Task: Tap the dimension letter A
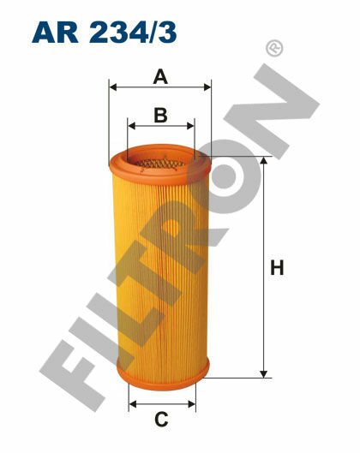pos(159,77)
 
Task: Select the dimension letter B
pos(159,113)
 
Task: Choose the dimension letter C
pos(160,419)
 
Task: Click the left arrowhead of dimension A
pos(112,86)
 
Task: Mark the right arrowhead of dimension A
pos(207,86)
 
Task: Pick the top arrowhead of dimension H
pos(262,160)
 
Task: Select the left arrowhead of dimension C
pos(131,404)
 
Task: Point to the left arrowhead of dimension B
pos(130,123)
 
